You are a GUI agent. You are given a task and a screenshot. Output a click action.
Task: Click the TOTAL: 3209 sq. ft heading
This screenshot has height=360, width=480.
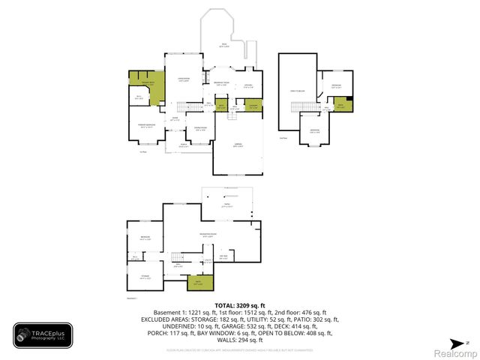click(239, 305)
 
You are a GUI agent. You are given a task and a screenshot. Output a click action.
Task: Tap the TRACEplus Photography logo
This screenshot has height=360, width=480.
click(43, 336)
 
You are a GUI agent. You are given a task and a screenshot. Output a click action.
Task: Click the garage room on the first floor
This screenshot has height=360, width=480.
click(238, 146)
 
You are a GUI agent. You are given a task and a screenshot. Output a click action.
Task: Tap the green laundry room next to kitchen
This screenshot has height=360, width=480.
click(254, 105)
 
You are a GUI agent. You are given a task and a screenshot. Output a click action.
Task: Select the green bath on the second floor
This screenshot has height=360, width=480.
click(342, 105)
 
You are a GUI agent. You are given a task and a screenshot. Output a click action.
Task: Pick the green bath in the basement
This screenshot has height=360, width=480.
click(199, 283)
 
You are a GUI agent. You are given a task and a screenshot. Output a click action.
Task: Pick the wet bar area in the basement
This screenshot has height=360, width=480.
click(223, 258)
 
